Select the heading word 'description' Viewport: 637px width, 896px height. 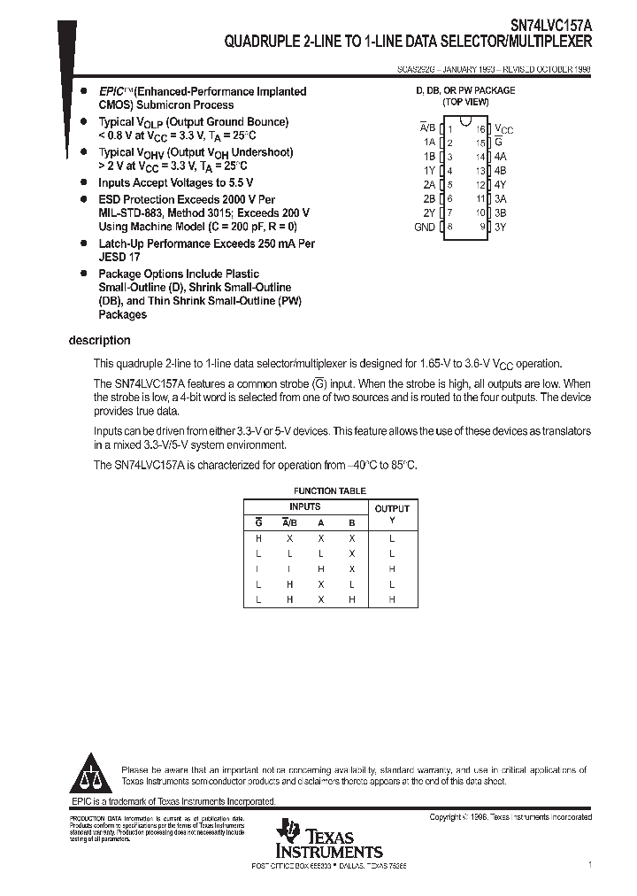(99, 341)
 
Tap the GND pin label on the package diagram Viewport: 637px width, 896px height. (425, 227)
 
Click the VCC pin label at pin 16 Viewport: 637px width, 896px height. (503, 128)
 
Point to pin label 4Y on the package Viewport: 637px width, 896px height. (500, 184)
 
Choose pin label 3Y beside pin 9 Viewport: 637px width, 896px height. (500, 227)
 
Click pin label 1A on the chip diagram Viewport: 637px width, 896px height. (429, 142)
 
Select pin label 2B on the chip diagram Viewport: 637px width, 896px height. (429, 198)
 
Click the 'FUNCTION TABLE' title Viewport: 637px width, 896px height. (329, 490)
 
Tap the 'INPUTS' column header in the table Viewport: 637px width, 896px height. (306, 506)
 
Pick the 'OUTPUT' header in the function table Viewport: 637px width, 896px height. (392, 508)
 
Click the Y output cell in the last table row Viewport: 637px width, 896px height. (392, 600)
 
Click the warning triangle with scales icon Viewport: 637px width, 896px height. (89, 775)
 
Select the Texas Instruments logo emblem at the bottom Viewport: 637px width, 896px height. (288, 831)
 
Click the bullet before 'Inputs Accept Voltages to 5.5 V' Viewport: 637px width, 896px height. (83, 182)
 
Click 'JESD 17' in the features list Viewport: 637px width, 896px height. (119, 257)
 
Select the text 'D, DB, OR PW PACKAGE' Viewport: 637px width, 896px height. (464, 91)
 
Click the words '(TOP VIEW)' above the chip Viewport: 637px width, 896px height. (464, 103)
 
